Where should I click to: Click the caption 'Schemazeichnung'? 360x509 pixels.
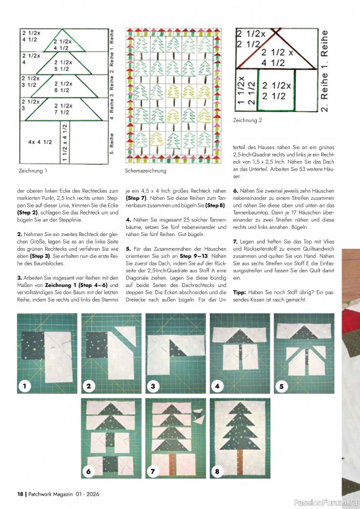[146, 171]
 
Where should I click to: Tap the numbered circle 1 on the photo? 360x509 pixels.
[25, 386]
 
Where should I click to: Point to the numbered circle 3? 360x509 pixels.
[153, 386]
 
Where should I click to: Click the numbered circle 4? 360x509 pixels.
[218, 386]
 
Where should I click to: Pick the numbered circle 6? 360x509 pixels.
[89, 471]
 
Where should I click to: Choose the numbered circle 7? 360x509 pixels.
[153, 471]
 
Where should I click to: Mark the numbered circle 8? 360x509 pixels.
[218, 471]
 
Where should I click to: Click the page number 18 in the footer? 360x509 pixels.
[20, 494]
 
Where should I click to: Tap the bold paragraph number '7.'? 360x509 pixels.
[236, 242]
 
